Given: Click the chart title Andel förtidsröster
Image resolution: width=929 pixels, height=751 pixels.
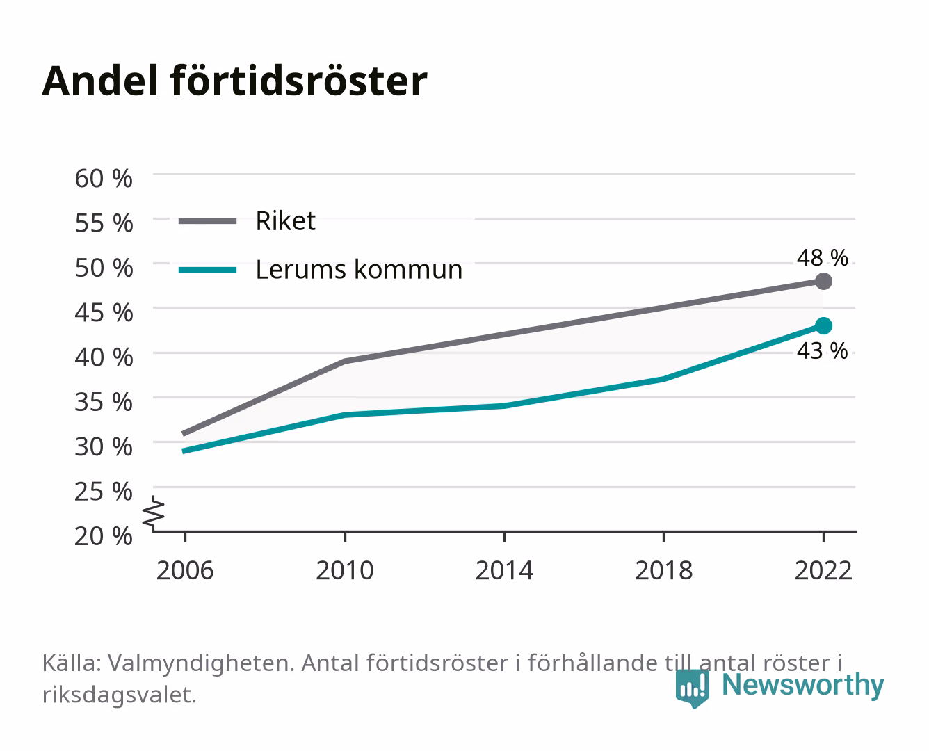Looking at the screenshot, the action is click(x=234, y=81).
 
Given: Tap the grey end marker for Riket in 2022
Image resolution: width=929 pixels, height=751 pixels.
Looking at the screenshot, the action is click(x=823, y=282).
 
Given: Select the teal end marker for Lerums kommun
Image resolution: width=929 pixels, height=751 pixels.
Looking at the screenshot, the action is click(x=823, y=326).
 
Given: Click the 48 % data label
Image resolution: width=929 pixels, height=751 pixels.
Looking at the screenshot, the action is click(x=822, y=258).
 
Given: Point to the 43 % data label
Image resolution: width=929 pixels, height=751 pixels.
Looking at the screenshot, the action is click(x=822, y=351).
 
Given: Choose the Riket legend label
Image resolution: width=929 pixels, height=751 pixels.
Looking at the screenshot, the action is click(x=285, y=220).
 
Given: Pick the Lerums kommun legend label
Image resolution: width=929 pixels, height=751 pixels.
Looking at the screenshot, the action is click(x=359, y=270).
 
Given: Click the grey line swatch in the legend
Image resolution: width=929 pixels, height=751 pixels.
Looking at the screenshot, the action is click(x=208, y=221).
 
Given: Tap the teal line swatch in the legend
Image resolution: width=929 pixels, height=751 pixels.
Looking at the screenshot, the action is click(x=208, y=270).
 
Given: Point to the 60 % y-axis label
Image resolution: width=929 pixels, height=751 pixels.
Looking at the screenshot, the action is click(x=104, y=179).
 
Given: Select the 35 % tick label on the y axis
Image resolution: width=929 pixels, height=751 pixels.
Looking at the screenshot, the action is click(x=104, y=402).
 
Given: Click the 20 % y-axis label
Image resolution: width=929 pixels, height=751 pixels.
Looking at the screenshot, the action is click(x=104, y=536).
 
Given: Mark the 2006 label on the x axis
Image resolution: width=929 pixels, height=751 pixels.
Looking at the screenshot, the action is click(x=185, y=570).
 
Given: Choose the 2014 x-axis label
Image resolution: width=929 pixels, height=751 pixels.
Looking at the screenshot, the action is click(x=504, y=570).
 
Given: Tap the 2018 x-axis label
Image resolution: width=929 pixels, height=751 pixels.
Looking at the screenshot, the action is click(x=664, y=570).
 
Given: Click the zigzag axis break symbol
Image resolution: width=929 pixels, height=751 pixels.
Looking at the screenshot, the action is click(x=154, y=513).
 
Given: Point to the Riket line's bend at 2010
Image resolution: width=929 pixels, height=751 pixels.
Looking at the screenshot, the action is click(x=345, y=361).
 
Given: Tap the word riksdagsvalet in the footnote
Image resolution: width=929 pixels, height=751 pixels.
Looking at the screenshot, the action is click(x=119, y=695).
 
